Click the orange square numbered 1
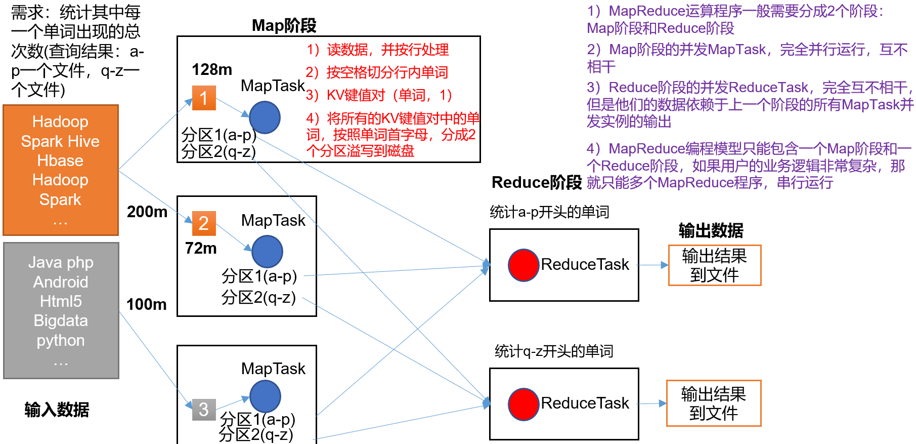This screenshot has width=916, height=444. pos(204,98)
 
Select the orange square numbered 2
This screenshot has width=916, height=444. pos(204,223)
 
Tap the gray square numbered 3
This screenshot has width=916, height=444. pos(204,409)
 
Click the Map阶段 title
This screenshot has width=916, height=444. pos(284,25)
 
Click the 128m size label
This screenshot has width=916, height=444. pos(211,69)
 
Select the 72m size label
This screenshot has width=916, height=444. pos(201,248)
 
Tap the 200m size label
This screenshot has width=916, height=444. pos(147,212)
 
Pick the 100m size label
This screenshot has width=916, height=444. pos(146,304)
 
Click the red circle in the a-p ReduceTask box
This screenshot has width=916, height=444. pos(523,265)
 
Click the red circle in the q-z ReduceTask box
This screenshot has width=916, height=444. pos(523,404)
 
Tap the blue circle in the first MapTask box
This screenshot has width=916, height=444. pos(265,117)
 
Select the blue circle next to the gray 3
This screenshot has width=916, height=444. pos(265,396)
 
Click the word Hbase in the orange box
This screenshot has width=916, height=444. pos(60,160)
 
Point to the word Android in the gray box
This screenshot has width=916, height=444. pos(61,282)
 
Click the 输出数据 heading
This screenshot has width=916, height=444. pos(711,230)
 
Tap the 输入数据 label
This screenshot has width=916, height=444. pos(57,409)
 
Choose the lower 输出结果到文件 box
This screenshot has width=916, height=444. pos(713,403)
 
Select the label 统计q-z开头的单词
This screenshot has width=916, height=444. pos(554,351)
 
